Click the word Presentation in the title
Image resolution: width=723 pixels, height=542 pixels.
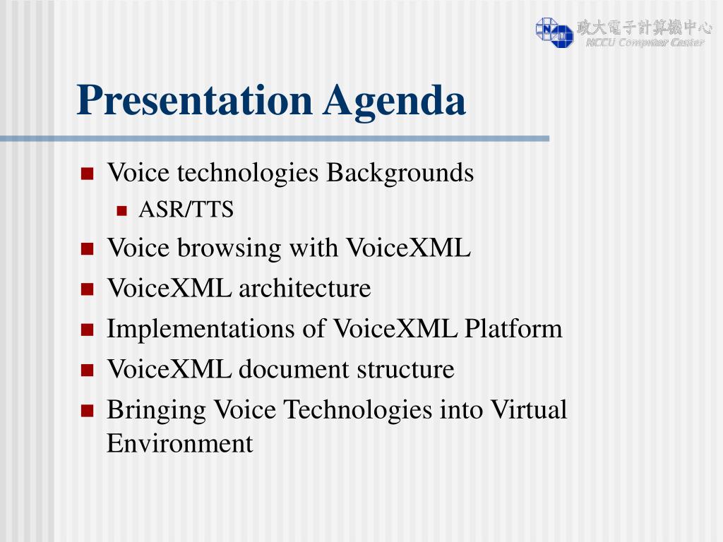point(195,100)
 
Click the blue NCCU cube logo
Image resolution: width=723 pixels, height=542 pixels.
point(554,32)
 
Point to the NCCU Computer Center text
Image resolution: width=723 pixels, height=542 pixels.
point(645,42)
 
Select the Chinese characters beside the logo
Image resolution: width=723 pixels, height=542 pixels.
point(644,28)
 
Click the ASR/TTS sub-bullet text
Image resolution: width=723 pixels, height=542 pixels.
point(186,209)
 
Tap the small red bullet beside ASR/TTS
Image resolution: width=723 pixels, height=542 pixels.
point(121,211)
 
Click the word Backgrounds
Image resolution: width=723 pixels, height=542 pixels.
point(400,174)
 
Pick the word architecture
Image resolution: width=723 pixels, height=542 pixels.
point(305,289)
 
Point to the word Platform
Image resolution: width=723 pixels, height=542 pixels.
point(513,329)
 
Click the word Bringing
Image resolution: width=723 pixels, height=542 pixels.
point(156,410)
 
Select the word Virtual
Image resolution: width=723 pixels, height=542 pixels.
point(528,409)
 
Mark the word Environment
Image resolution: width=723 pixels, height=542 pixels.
point(180,444)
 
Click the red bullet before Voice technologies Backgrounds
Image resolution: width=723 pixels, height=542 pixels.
point(87,174)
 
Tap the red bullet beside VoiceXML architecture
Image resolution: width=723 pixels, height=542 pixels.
point(87,289)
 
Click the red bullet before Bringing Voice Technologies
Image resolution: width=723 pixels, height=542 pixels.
point(87,411)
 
